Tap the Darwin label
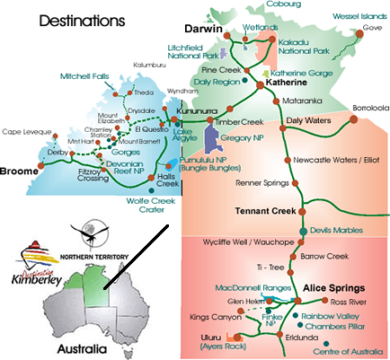click(x=204, y=28)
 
